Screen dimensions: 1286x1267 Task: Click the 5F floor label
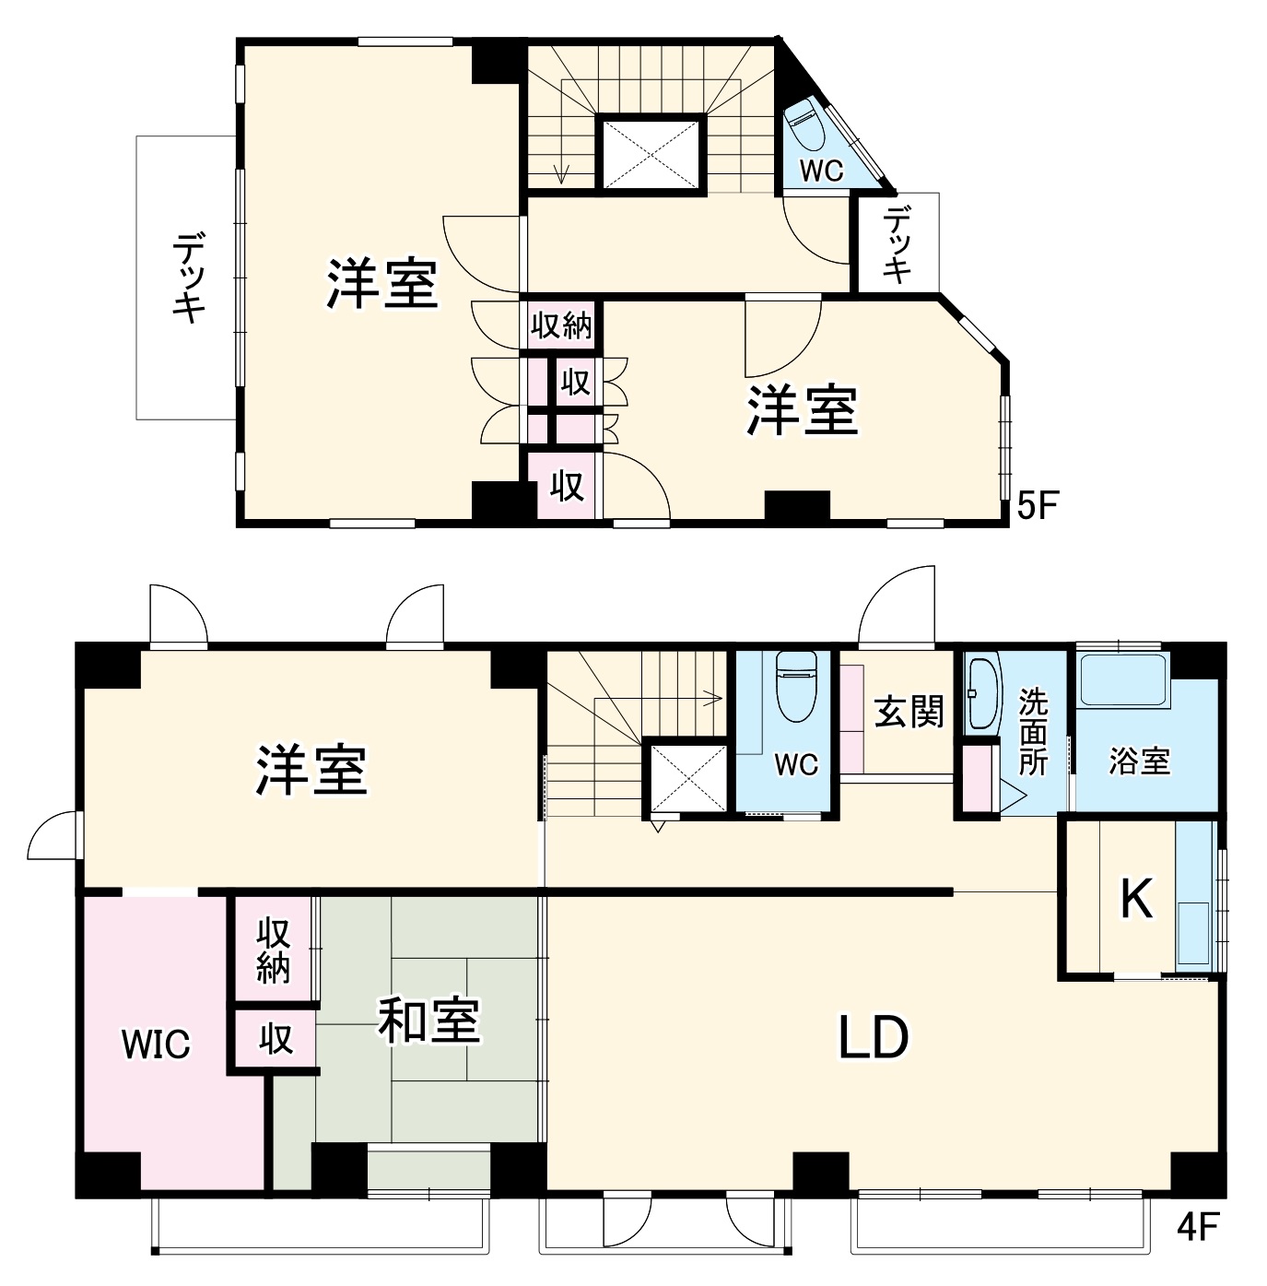coord(1038,505)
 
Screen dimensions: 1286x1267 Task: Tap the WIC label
coord(157,1044)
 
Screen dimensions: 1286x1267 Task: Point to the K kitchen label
coord(1136,899)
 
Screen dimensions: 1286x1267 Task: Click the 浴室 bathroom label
coord(1140,761)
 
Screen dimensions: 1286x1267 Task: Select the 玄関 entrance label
coord(909,711)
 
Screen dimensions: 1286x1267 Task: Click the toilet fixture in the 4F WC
coord(796,687)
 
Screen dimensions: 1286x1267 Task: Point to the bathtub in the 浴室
coord(1122,680)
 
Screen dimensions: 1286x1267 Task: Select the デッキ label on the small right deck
coord(897,244)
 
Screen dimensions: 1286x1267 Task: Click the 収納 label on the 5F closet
coord(561,325)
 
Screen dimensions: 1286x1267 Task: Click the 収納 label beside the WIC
coord(274,950)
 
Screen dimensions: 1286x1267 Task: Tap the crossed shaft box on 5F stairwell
coord(651,153)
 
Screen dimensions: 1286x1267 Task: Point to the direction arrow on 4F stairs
coord(710,697)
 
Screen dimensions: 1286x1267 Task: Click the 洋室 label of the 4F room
coord(311,770)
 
